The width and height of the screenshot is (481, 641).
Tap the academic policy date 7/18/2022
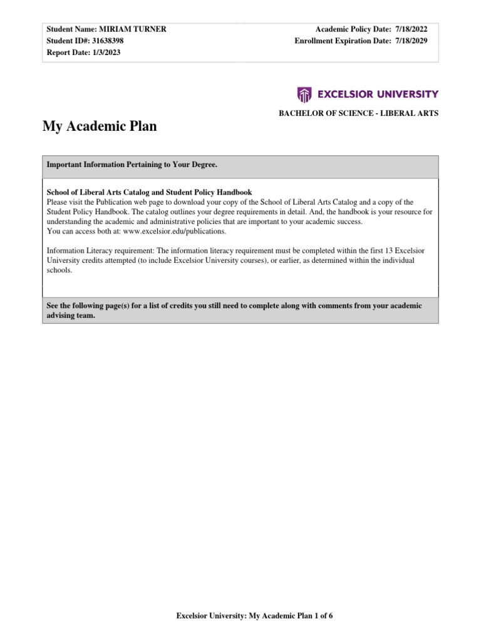416,30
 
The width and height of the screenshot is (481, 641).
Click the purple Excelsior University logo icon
304,95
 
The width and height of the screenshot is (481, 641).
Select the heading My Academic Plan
100,126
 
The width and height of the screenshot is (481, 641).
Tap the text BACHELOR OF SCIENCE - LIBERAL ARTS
358,113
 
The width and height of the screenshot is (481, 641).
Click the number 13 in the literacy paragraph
389,251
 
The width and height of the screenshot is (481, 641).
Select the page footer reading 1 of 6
323,616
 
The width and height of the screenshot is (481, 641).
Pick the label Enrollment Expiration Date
343,41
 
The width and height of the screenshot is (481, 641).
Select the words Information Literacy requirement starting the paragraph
92,251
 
